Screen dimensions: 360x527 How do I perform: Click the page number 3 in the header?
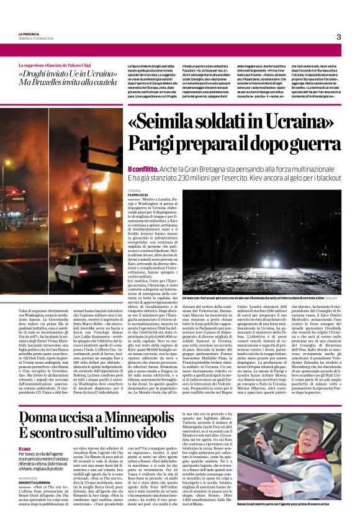339,37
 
